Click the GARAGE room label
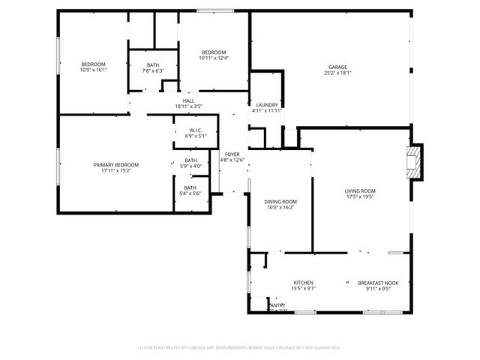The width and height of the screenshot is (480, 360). (x=338, y=67)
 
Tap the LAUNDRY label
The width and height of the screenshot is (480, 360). (x=268, y=105)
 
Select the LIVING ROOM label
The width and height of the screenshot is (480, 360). (x=360, y=191)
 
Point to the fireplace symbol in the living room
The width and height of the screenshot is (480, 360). (x=413, y=162)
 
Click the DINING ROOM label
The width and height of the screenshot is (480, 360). (x=280, y=202)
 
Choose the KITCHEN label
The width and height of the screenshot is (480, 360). (x=304, y=283)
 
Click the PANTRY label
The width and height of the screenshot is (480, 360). (x=277, y=305)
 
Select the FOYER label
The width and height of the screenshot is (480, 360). (x=232, y=154)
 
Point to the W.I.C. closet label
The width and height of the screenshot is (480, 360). (x=196, y=130)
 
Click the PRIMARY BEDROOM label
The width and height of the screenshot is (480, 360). (x=115, y=165)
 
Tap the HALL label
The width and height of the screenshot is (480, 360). (x=188, y=100)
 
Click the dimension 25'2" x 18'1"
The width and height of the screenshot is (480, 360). (x=338, y=73)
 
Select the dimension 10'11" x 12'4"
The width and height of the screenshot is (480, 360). (x=213, y=58)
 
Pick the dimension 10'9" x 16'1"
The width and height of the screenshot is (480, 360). (x=94, y=70)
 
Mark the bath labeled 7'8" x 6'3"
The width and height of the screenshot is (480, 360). (x=153, y=67)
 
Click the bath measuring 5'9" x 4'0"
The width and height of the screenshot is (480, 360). (x=190, y=162)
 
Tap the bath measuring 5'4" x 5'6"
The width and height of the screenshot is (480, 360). (x=190, y=190)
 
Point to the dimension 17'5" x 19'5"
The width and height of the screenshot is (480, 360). (x=360, y=197)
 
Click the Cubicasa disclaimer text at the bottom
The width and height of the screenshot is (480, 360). (x=240, y=348)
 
